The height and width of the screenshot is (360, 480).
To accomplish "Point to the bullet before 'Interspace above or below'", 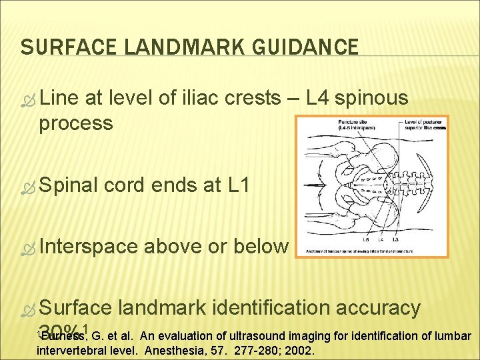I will coord(27,247).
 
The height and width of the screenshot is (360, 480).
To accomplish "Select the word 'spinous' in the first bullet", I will coord(377,99).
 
